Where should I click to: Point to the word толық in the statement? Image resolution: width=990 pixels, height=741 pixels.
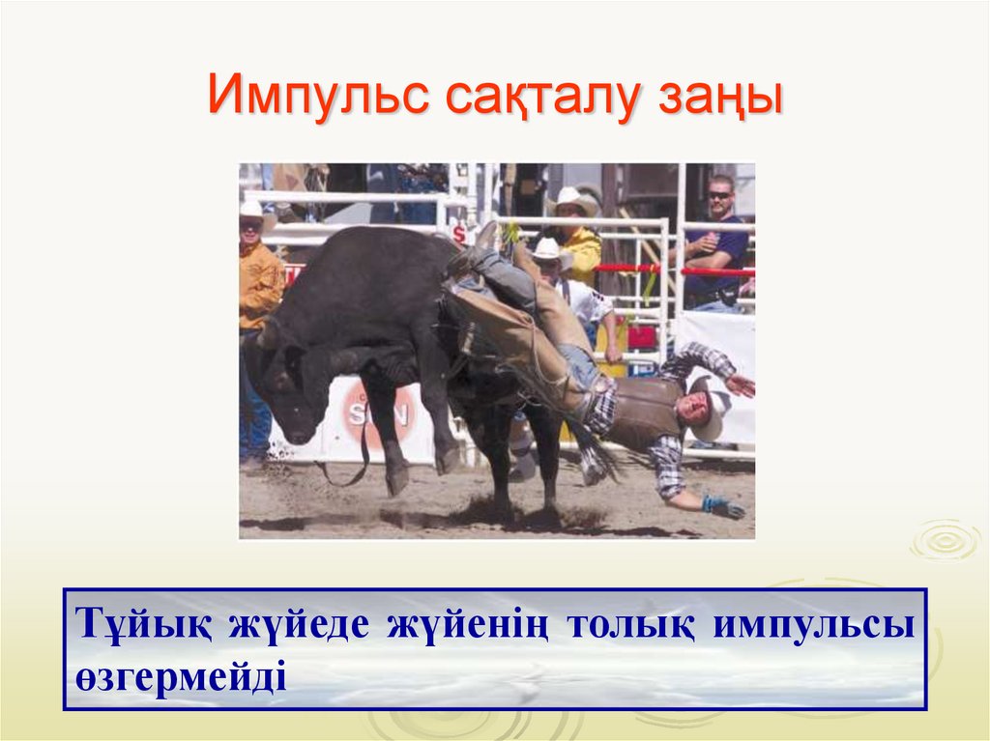point(628,625)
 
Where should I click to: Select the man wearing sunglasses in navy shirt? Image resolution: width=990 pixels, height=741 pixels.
point(716,242)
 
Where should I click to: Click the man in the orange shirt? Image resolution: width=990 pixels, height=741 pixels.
point(259,290)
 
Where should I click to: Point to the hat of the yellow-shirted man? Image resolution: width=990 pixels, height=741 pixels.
point(574,201)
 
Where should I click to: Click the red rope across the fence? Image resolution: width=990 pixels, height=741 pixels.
point(677,270)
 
